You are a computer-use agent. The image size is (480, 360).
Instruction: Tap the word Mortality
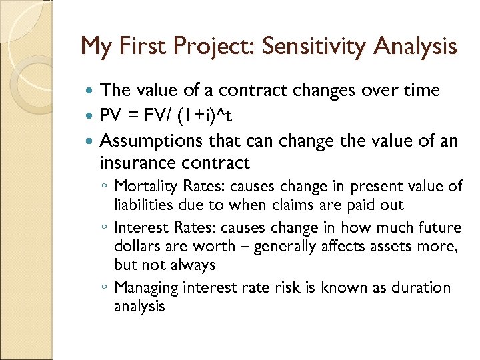[x=142, y=186]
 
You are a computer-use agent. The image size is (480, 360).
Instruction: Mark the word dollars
[x=138, y=246]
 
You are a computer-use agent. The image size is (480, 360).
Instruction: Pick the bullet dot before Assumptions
[x=91, y=142]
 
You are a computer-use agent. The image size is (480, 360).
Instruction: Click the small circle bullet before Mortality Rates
[x=105, y=187]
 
